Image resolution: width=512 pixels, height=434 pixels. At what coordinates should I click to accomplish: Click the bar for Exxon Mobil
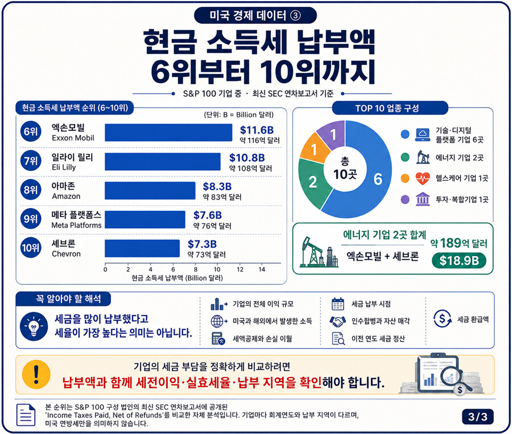click(x=168, y=132)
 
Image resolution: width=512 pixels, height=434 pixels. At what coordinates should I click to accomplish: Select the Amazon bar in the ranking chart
click(x=150, y=191)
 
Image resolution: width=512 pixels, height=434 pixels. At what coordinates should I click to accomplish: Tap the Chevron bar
click(x=142, y=248)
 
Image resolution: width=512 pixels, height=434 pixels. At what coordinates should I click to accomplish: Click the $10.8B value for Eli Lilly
click(x=247, y=158)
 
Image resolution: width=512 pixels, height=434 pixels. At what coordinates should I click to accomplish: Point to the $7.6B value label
click(x=207, y=215)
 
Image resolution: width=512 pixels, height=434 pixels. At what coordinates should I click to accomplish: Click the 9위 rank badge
click(x=31, y=219)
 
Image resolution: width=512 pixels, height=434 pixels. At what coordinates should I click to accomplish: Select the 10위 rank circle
click(x=31, y=248)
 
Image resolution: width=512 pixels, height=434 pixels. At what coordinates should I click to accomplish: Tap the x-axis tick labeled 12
click(x=240, y=269)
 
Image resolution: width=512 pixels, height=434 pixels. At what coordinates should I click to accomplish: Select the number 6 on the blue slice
click(x=378, y=179)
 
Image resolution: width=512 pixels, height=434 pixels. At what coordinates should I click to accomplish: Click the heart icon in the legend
click(x=423, y=178)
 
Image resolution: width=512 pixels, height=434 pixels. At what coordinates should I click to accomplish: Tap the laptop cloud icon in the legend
click(x=423, y=134)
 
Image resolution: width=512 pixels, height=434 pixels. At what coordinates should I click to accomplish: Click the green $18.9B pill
click(x=459, y=261)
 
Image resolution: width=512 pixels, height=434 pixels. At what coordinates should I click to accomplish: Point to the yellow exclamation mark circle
click(x=36, y=375)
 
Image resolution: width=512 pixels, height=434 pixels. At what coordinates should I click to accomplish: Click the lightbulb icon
click(x=34, y=326)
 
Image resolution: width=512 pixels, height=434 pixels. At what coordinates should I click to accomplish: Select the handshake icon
click(x=337, y=321)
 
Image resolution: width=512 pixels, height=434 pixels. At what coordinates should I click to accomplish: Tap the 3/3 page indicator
click(x=477, y=417)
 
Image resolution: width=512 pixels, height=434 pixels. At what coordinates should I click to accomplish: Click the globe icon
click(x=218, y=321)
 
